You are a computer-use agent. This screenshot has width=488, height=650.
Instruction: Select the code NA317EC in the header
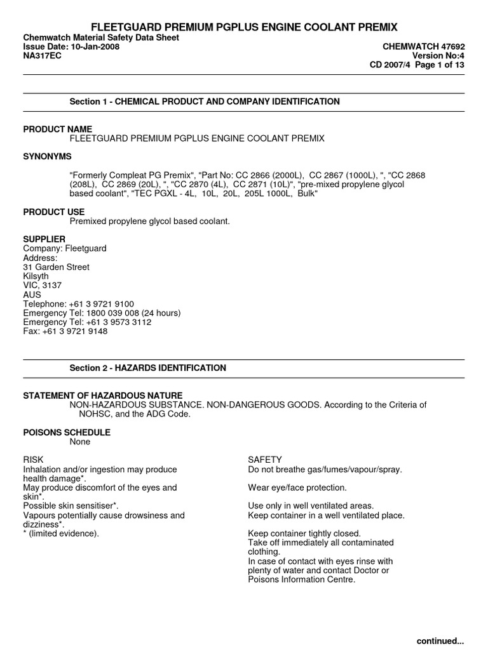tap(42, 56)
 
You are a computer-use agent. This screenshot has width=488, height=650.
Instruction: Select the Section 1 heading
tap(204, 102)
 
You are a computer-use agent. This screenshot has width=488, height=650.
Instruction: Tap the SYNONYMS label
tap(48, 156)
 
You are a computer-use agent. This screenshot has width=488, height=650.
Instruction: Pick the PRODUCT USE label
tap(54, 211)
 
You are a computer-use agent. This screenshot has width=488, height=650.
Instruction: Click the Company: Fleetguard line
tap(65, 248)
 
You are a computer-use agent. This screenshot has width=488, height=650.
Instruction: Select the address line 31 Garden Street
tap(57, 267)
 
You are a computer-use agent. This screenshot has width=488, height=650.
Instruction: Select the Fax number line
tap(65, 331)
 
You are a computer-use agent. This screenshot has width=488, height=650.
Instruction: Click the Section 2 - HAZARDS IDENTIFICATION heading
tap(147, 368)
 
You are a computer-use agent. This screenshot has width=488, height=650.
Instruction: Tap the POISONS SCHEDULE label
tap(67, 432)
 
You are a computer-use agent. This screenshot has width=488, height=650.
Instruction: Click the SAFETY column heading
tap(265, 460)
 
